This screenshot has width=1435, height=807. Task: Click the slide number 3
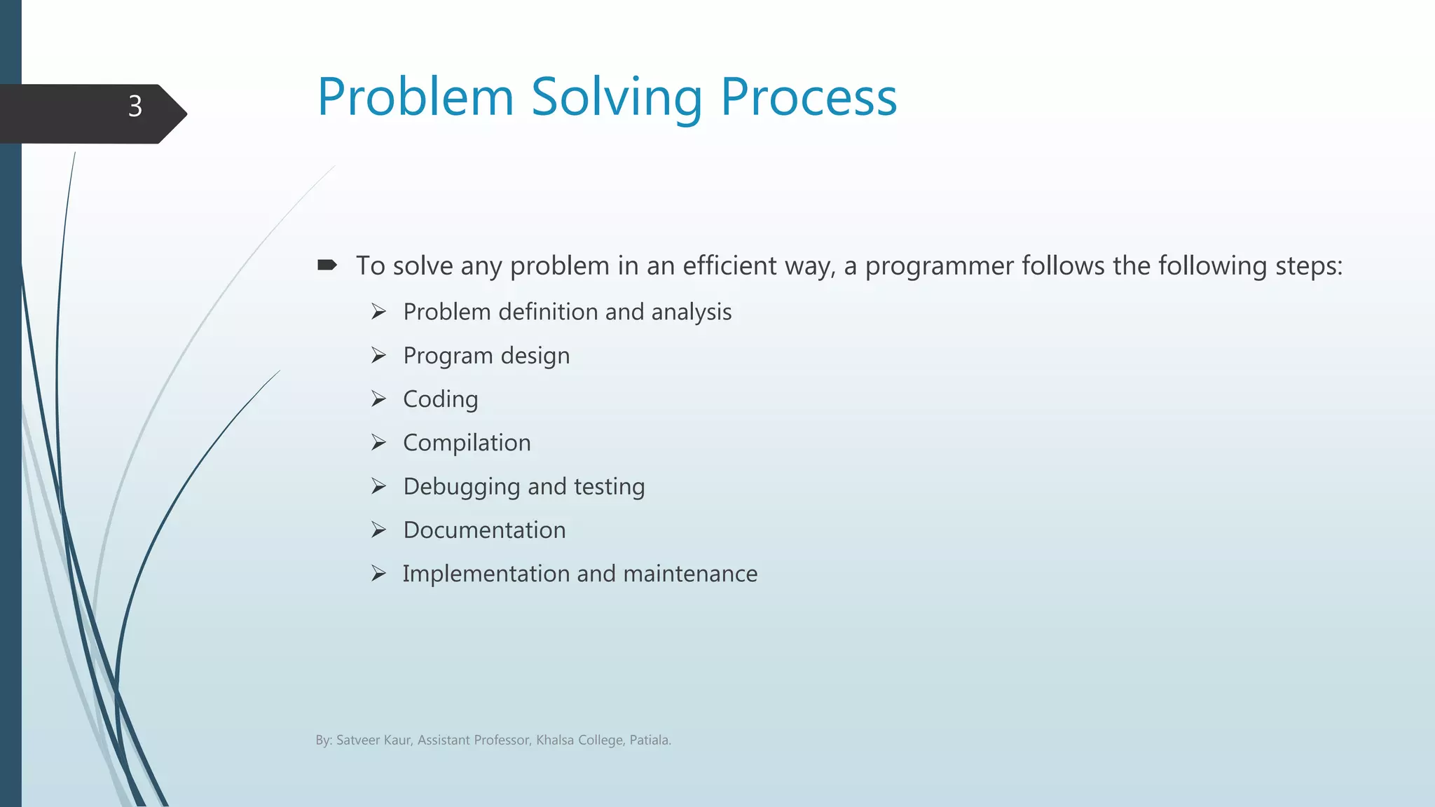coord(135,106)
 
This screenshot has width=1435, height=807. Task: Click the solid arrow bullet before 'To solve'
coord(327,265)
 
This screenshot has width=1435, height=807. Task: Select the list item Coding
coord(440,399)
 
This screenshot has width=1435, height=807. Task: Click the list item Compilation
coord(467,443)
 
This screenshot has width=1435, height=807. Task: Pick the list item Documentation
coord(484,530)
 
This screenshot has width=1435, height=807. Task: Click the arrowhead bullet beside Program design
coord(378,356)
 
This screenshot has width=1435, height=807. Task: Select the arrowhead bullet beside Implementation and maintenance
coord(378,574)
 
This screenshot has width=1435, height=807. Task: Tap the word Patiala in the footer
coord(649,740)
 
